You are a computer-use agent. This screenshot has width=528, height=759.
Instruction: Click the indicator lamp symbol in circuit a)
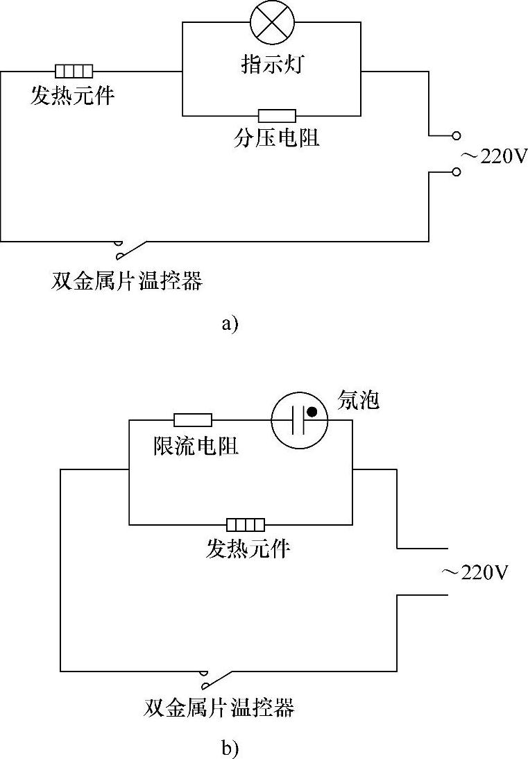tap(271, 24)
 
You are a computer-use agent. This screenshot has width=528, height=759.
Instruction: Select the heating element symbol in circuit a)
tap(74, 71)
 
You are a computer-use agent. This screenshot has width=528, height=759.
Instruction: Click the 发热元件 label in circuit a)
tap(72, 95)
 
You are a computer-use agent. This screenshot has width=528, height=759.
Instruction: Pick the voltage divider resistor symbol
tap(277, 116)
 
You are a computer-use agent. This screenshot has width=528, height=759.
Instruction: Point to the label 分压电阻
tap(277, 138)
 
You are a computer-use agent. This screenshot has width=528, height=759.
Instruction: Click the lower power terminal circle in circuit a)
tap(456, 172)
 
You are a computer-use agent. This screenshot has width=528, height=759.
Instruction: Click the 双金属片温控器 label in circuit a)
tap(127, 281)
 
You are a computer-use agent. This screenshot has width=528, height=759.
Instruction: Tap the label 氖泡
tap(358, 401)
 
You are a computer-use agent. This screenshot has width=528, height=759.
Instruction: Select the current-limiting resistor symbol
tap(193, 419)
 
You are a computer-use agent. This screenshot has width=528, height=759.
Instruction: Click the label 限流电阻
tap(196, 445)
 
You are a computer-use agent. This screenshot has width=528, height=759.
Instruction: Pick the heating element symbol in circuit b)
tap(246, 524)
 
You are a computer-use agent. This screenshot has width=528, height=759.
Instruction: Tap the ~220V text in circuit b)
tap(475, 573)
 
